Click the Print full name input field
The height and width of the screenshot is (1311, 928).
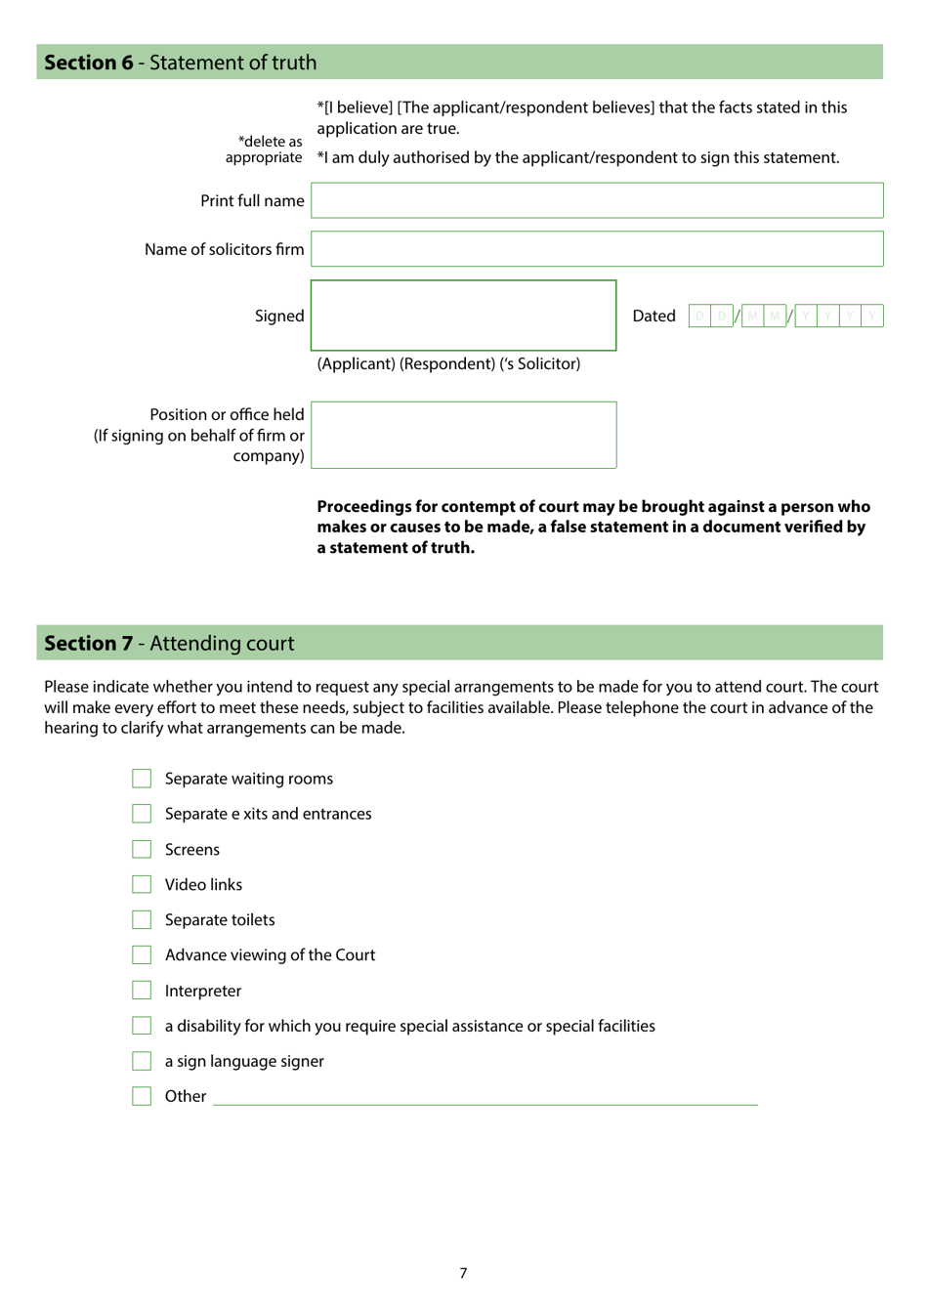coord(597,200)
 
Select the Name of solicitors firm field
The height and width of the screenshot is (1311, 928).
coord(597,249)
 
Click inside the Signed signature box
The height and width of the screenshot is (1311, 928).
coord(463,316)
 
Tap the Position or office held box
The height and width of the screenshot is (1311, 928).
coord(463,435)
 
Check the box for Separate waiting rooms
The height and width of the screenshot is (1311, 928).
coord(142,779)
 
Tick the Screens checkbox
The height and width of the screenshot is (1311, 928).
coord(142,850)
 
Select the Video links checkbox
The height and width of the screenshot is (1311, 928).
coord(142,885)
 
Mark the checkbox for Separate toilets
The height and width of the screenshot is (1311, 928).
coord(142,920)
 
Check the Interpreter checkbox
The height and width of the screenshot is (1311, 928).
coord(142,991)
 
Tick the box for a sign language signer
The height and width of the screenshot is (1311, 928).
coord(142,1061)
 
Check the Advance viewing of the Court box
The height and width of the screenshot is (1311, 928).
coord(142,955)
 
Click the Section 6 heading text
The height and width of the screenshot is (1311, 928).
coord(181,63)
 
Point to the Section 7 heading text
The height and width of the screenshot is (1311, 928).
coord(169,643)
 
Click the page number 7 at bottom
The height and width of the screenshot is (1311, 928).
coord(463,1273)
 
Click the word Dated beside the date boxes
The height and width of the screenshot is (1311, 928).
coord(654,316)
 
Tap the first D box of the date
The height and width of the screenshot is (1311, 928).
coord(699,316)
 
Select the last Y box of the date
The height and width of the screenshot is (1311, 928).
coord(872,316)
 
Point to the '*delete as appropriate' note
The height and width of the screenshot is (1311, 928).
coord(264,149)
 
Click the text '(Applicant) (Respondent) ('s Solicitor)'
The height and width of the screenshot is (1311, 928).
coord(448,363)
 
